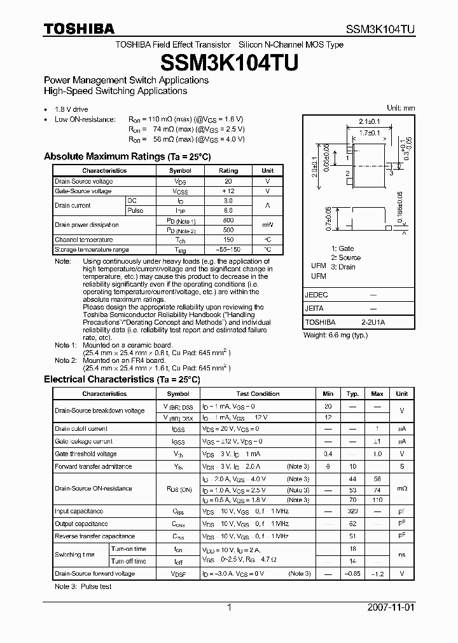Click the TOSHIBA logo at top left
click(79, 29)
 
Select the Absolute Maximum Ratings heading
click(127, 156)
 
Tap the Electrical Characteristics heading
click(121, 379)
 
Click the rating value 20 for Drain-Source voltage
click(228, 181)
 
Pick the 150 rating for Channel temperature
click(228, 240)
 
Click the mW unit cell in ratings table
click(267, 225)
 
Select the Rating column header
click(228, 171)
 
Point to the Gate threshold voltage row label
click(86, 454)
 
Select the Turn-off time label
click(128, 561)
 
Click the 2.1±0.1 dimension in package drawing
click(369, 121)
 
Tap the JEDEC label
click(317, 295)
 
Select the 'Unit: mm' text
click(401, 108)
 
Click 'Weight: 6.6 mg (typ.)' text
click(335, 335)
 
